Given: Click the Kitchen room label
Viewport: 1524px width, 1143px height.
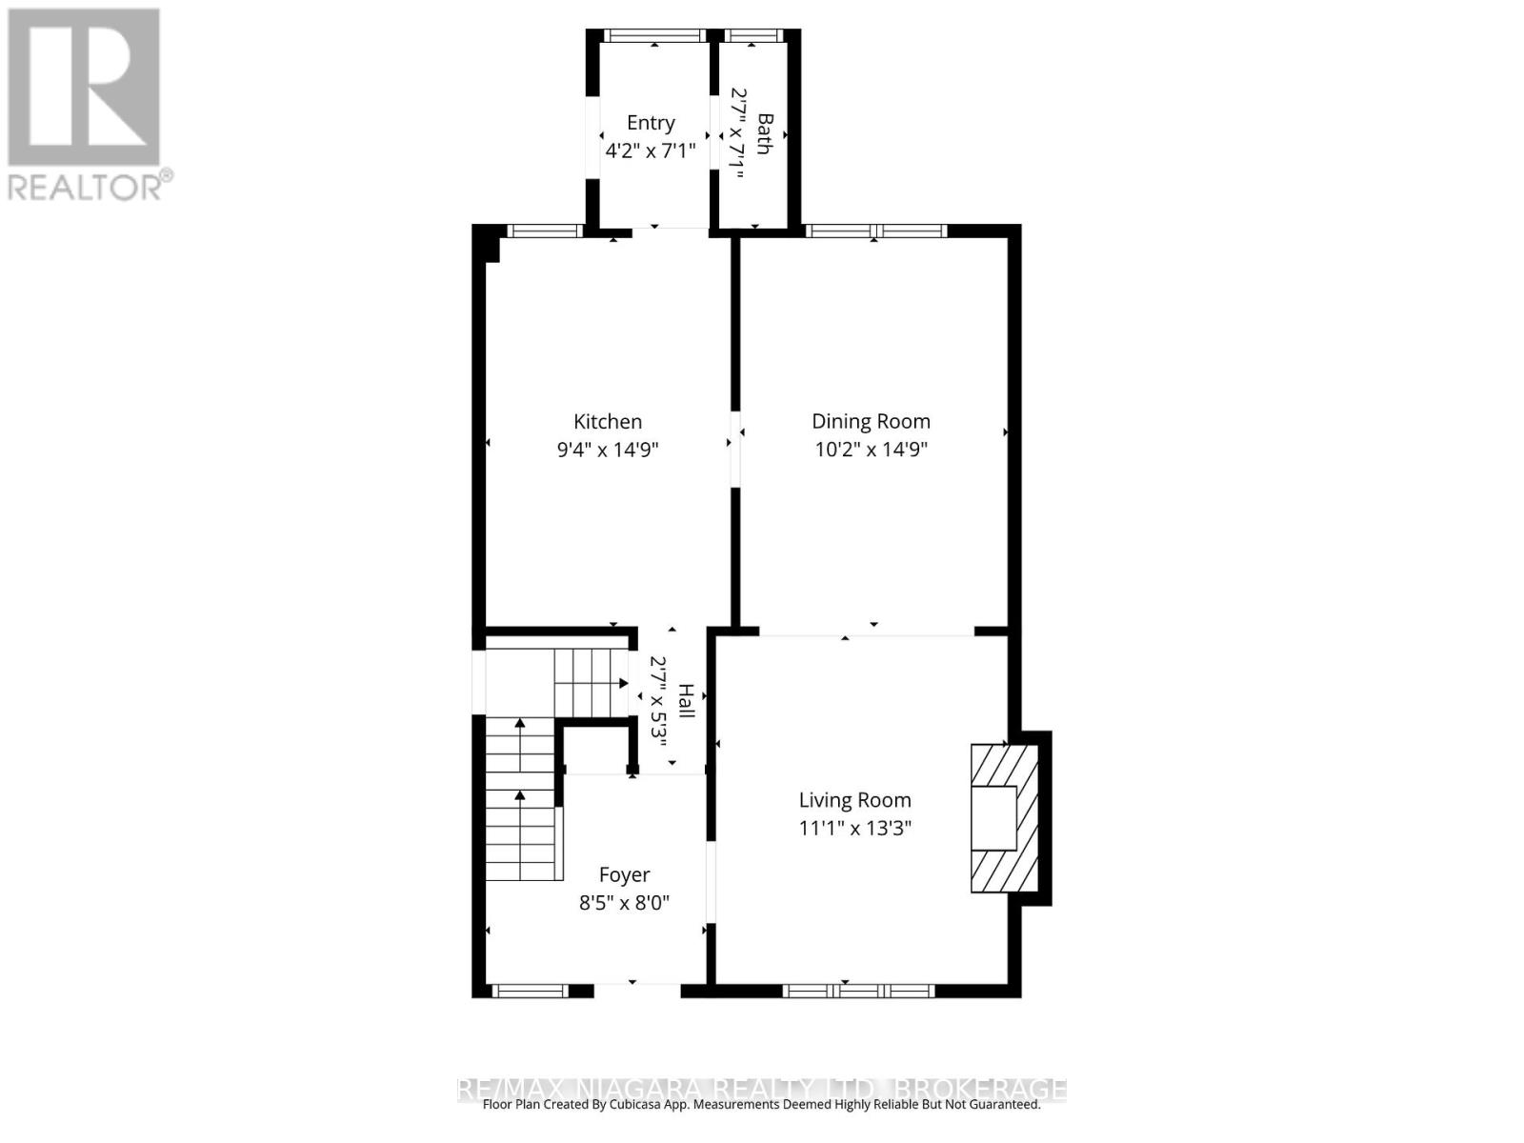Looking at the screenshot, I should [x=608, y=422].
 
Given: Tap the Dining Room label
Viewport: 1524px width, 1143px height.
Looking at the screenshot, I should [x=871, y=422].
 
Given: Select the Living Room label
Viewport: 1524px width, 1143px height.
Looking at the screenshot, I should [x=854, y=801].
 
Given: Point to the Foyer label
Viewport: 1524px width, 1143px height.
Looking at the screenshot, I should [x=624, y=875].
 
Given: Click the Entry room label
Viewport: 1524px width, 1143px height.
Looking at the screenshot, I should [x=651, y=123].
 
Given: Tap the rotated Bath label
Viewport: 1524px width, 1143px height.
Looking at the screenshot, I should [x=764, y=133].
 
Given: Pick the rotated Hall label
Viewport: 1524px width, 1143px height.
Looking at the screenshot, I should [x=685, y=700].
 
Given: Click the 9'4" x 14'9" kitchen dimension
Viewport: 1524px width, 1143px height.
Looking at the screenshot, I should [x=608, y=450].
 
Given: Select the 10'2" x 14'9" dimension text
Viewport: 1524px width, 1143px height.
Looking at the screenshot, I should [x=871, y=450].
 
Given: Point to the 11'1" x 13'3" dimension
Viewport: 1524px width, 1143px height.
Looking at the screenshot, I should [x=854, y=829].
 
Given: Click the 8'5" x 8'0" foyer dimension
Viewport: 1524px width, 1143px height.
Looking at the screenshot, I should [x=624, y=903].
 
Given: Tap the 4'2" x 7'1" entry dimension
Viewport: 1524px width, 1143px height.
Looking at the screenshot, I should [x=651, y=150].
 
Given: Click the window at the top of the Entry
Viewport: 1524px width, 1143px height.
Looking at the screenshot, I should [x=655, y=36].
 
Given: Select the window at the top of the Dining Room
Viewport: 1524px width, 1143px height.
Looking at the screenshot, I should [x=876, y=231].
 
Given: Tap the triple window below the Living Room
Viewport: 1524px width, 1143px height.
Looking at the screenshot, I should [x=858, y=992].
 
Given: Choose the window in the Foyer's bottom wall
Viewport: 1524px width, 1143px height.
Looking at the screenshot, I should [x=530, y=992].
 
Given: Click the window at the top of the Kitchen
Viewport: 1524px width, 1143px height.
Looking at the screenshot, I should [x=544, y=231].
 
